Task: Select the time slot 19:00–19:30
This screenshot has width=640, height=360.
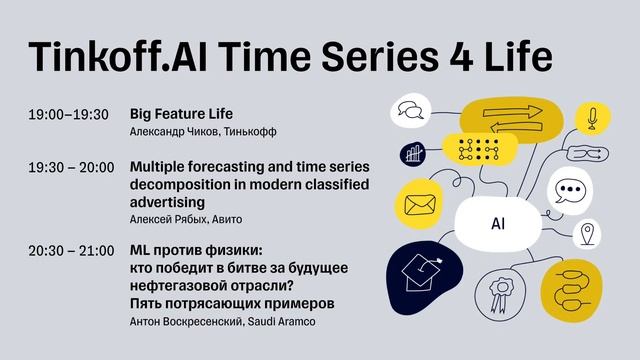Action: [x=69, y=114]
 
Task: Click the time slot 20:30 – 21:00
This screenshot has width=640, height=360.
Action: [x=71, y=249]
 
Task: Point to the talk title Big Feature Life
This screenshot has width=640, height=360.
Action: [x=181, y=113]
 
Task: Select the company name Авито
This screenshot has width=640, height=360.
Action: [x=226, y=219]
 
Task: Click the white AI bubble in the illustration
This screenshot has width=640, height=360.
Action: [x=497, y=225]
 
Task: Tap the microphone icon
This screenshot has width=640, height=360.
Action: [x=591, y=118]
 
